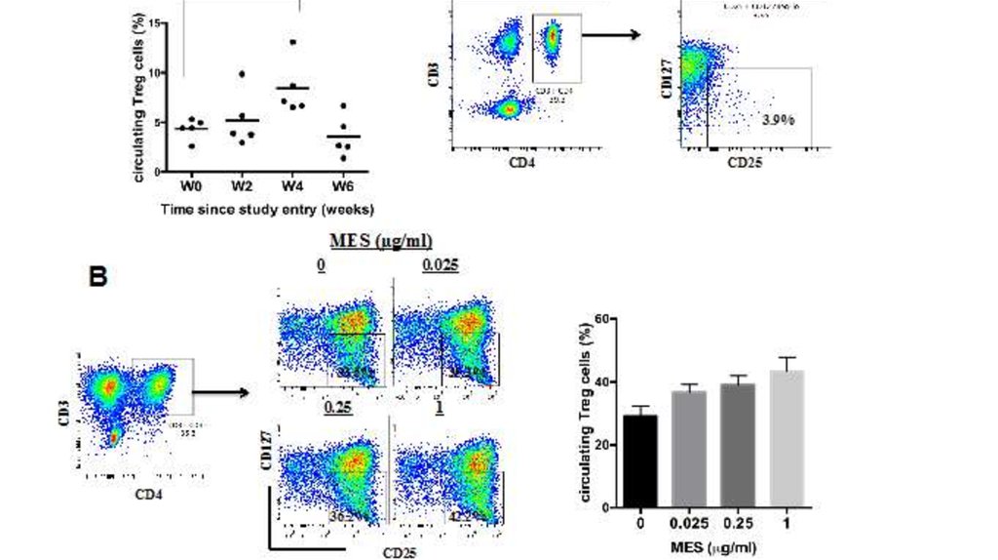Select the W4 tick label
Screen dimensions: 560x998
(x=289, y=185)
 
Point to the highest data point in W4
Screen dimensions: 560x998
(x=291, y=43)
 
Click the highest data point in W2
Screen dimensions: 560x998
(x=242, y=75)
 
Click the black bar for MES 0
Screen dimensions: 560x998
(x=640, y=460)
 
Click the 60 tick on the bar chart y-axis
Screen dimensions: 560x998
(x=603, y=319)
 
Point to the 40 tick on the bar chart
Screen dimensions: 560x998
(x=603, y=382)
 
